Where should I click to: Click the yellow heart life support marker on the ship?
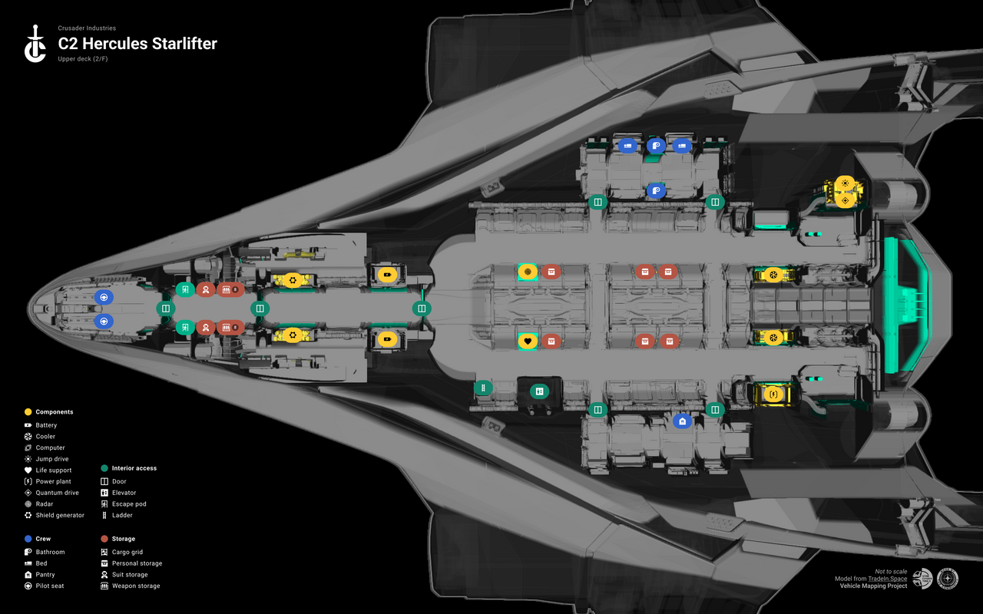527,341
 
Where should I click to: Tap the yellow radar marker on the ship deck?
527,272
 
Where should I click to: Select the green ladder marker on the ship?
483,389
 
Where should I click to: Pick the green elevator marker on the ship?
539,391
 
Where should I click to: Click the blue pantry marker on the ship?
681,421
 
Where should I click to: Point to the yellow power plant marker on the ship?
774,394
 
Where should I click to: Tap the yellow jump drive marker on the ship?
845,183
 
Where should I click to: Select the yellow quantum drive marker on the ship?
845,200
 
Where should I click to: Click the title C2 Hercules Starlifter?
137,44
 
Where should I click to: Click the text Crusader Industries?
87,28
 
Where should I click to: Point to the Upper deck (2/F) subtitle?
82,59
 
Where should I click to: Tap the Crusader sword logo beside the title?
35,44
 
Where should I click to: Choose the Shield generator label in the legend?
60,515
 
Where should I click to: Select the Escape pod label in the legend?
129,504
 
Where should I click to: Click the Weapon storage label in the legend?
136,586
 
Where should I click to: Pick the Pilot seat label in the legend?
50,586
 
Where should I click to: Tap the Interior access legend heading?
134,468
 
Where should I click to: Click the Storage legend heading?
123,539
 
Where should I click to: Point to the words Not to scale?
891,571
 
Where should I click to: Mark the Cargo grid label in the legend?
127,552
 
